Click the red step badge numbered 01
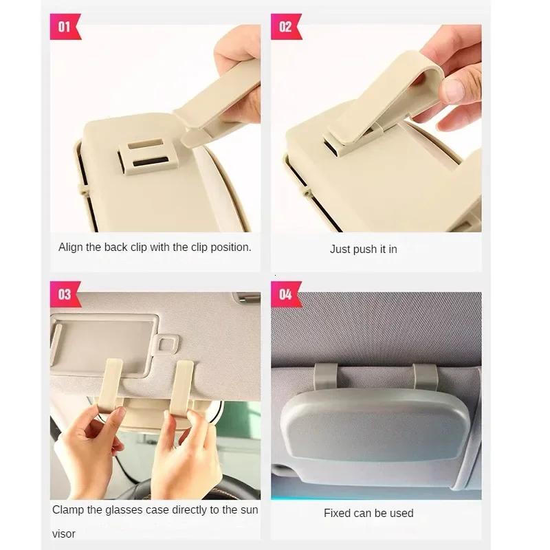click(x=65, y=27)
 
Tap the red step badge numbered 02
click(x=285, y=27)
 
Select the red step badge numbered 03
click(x=65, y=294)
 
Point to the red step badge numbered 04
click(x=285, y=294)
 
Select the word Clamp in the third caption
click(x=67, y=510)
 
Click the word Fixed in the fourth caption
click(x=338, y=513)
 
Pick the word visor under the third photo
click(x=65, y=533)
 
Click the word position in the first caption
click(x=228, y=247)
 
